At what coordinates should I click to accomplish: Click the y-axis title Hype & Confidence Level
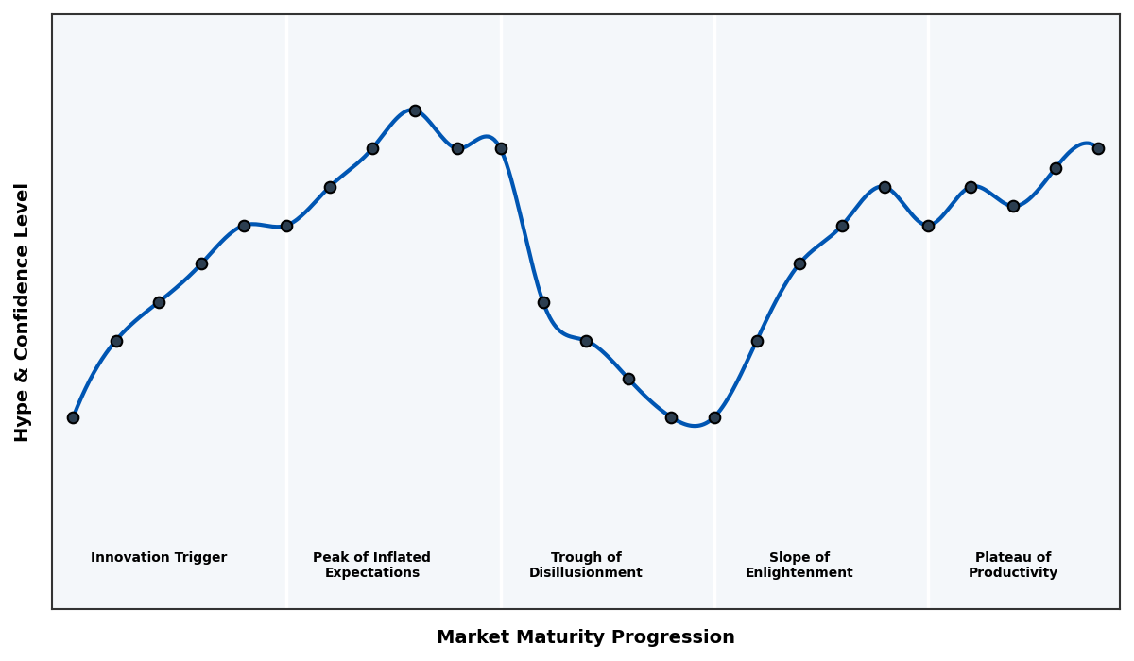coord(23,312)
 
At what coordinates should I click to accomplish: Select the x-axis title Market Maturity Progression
coord(585,637)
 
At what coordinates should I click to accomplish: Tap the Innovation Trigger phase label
coord(159,558)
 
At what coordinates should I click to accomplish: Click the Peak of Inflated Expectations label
coord(371,565)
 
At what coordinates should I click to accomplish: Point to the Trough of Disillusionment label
coord(585,565)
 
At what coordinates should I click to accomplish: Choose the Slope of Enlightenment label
coord(799,565)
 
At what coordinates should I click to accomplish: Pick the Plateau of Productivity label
coord(1012,565)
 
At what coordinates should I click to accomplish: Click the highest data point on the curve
coord(415,110)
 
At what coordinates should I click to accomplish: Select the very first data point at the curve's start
coord(73,417)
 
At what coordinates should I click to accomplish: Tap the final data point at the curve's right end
coord(1098,148)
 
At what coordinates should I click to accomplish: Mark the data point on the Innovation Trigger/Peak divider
coord(286,226)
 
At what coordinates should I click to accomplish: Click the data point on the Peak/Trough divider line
coord(501,148)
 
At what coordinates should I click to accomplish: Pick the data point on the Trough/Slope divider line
coord(714,417)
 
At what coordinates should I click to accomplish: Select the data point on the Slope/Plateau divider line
coord(928,226)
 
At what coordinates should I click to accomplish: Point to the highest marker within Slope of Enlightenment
coord(885,187)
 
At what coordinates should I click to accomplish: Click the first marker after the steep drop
coord(543,302)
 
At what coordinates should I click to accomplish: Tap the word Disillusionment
coord(585,573)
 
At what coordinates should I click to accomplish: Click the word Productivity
coord(1012,573)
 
